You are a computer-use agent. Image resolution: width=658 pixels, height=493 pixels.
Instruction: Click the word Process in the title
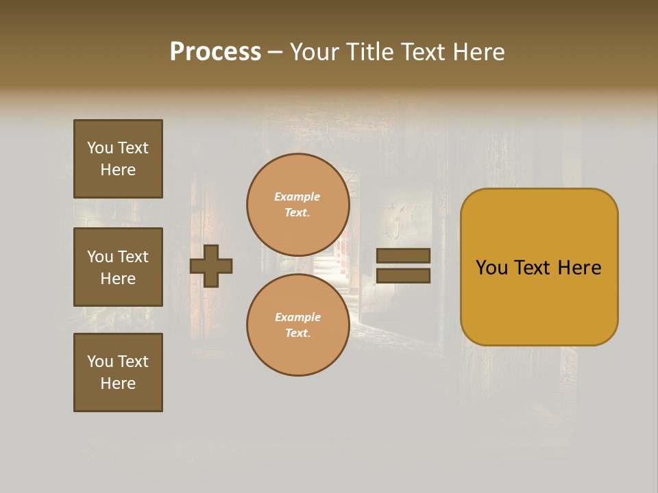click(215, 52)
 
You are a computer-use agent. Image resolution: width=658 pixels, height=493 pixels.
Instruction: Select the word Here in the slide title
click(478, 52)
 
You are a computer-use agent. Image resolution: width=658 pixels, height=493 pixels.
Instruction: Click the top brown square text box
click(118, 159)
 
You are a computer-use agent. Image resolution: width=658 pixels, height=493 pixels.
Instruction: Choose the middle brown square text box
click(118, 267)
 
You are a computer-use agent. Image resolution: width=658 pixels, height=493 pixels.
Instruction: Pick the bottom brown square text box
click(118, 372)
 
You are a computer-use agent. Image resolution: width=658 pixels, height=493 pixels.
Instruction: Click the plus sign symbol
click(211, 266)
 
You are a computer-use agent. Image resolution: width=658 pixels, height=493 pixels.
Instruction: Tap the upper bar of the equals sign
click(404, 256)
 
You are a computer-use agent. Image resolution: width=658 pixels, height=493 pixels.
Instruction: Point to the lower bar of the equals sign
click(404, 276)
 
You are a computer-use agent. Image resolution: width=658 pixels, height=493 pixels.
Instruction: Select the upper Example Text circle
click(297, 205)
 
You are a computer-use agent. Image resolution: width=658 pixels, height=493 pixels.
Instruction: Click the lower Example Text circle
click(297, 325)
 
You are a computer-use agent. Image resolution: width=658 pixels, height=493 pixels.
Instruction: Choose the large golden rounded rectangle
click(539, 267)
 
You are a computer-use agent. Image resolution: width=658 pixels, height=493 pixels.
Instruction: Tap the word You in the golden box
click(491, 268)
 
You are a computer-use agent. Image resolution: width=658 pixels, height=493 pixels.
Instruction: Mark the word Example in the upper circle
click(297, 197)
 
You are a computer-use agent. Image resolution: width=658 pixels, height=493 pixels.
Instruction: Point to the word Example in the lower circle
click(297, 317)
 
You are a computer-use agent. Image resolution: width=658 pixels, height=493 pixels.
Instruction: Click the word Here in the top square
click(118, 170)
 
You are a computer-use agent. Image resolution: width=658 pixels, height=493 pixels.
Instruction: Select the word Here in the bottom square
click(118, 383)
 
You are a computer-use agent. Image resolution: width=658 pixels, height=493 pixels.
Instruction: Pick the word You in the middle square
click(100, 257)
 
